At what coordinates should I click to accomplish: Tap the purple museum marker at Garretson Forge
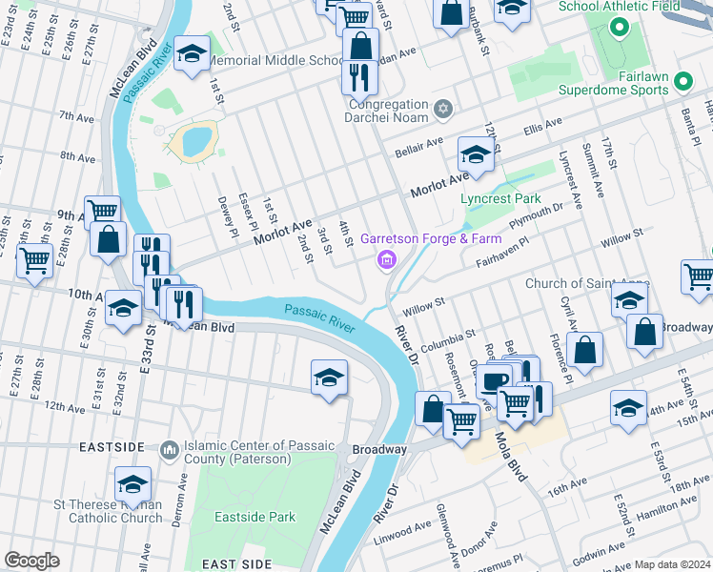pyautogui.click(x=387, y=259)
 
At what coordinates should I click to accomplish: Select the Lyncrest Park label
pyautogui.click(x=500, y=198)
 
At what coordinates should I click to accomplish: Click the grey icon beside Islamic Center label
pyautogui.click(x=169, y=447)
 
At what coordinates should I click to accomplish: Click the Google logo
pyautogui.click(x=31, y=561)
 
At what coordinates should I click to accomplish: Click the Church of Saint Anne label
pyautogui.click(x=586, y=283)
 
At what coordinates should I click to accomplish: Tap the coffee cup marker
pyautogui.click(x=493, y=381)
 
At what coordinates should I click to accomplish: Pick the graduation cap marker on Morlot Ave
pyautogui.click(x=475, y=153)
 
